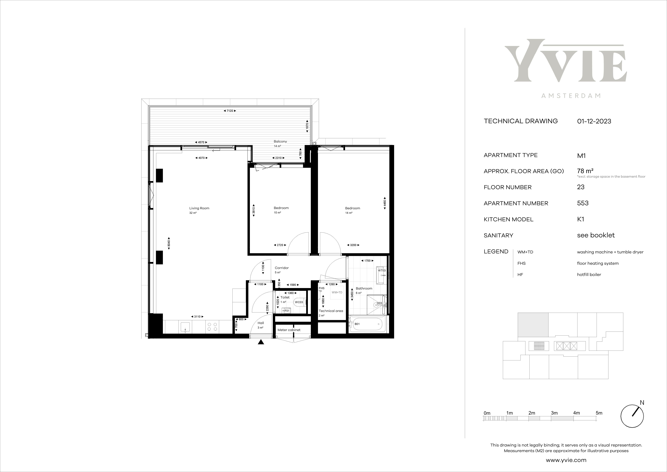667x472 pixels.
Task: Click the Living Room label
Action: click(x=199, y=208)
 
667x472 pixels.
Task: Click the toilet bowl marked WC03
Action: click(x=300, y=302)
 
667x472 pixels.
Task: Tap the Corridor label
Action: click(x=282, y=268)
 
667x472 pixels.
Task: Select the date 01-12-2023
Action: click(x=594, y=121)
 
